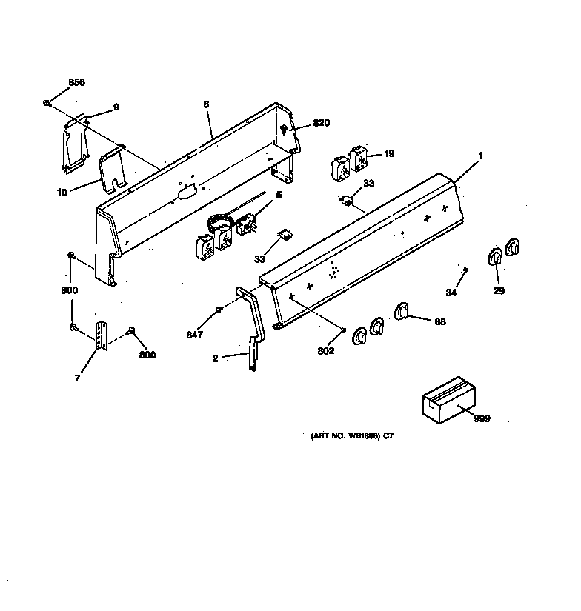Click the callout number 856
point(77,82)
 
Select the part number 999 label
point(482,419)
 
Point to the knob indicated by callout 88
point(402,313)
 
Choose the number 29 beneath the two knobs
point(499,290)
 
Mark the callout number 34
point(451,293)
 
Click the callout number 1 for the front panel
point(480,156)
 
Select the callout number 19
point(388,154)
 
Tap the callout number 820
point(321,123)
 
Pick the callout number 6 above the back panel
point(205,105)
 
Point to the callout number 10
point(62,192)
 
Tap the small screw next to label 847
point(219,309)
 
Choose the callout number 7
point(78,378)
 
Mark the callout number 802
point(326,350)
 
